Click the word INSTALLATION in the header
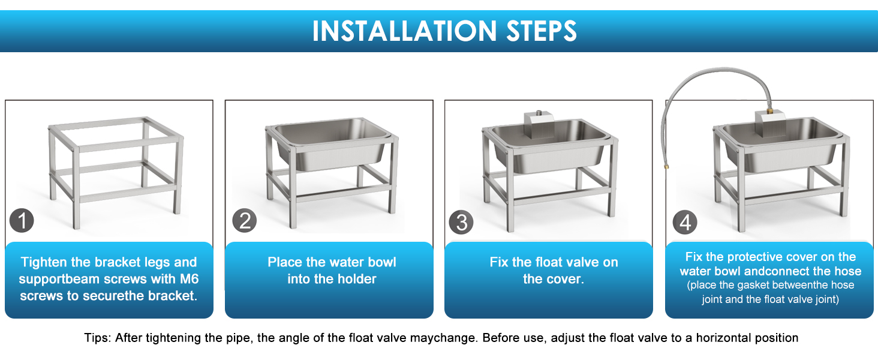coord(404,31)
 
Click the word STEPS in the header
coord(542,31)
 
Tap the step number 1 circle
coord(22,220)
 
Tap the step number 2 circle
coord(244,220)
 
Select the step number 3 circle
coord(461,223)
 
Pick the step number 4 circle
coord(685,223)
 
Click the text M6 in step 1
coord(189,279)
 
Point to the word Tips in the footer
coord(98,338)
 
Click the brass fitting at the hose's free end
coord(666,167)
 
